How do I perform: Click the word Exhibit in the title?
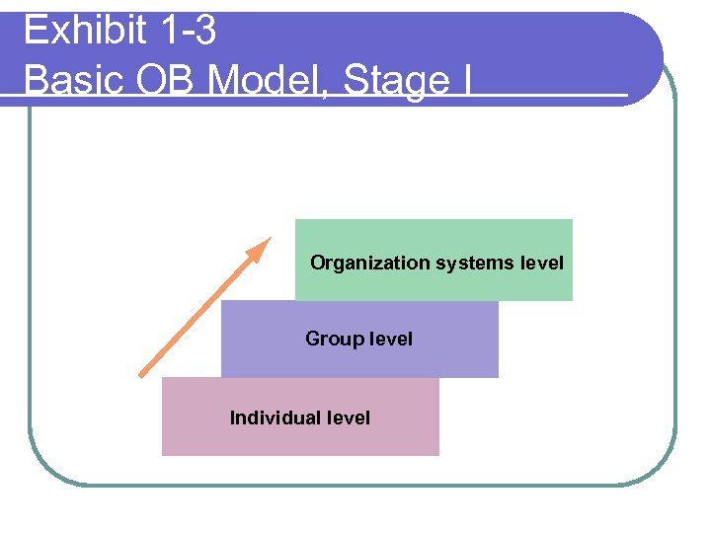(82, 32)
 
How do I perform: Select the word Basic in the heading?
(65, 79)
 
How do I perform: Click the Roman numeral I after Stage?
(465, 79)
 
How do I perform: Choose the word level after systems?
(541, 263)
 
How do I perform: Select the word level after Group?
(391, 339)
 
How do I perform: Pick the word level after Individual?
(349, 418)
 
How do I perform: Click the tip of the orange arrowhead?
(269, 238)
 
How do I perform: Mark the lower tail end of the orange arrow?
(141, 375)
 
